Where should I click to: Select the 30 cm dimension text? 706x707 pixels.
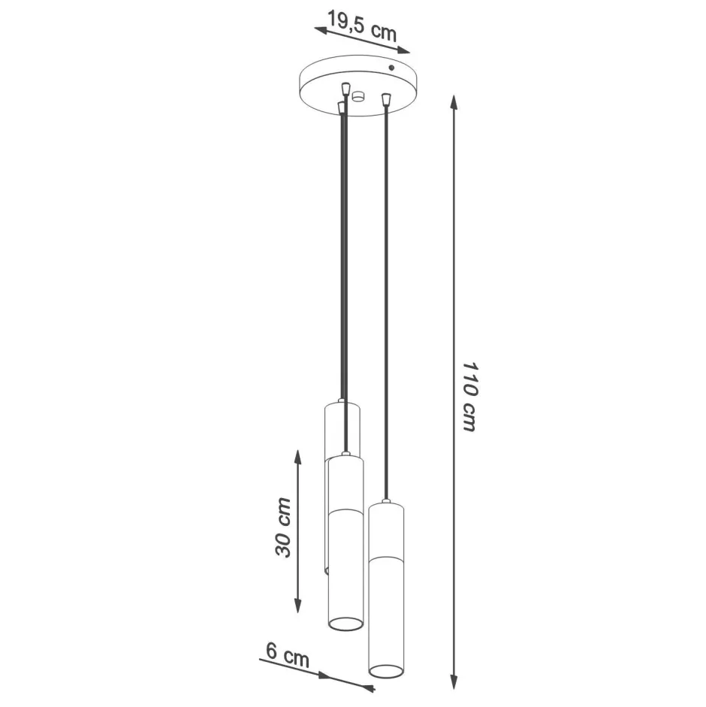(283, 527)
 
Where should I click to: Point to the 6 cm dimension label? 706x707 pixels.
(287, 655)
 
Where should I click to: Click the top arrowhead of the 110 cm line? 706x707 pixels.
(454, 102)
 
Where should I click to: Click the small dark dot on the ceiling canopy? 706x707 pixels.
(391, 68)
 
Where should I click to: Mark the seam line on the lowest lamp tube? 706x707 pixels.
(386, 557)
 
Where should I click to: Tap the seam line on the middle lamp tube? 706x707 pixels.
(345, 512)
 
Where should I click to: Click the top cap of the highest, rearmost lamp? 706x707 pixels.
(341, 404)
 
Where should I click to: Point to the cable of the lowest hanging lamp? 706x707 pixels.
(386, 301)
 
